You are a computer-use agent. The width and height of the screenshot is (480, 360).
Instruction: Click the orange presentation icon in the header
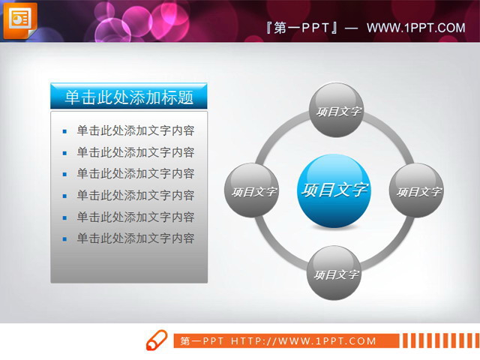point(19,20)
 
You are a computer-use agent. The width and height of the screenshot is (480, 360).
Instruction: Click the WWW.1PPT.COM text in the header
point(416,28)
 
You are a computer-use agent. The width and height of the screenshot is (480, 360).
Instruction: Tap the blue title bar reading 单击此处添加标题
point(129,97)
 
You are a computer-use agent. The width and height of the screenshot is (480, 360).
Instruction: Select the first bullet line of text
point(136,130)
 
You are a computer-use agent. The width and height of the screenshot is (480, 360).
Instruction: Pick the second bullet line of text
point(136,152)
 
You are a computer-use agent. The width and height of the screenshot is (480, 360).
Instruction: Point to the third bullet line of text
point(136,173)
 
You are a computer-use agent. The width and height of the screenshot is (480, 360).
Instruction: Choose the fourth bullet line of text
point(136,196)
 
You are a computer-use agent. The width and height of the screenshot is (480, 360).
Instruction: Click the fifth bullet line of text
point(136,217)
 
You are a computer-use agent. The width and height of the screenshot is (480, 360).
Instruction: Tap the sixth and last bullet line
point(136,238)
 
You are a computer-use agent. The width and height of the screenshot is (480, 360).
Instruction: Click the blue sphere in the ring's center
point(334,190)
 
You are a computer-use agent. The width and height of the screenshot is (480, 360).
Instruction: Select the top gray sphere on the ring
point(337,111)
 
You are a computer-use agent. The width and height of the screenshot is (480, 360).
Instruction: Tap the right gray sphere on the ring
point(417,191)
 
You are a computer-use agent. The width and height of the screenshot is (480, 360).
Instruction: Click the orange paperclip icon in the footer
point(156,340)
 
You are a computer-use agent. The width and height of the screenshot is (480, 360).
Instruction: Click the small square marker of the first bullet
point(65,131)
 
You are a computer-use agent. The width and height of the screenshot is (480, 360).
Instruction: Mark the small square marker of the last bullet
point(65,239)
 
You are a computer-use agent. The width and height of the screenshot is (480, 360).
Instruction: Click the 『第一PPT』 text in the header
point(301,28)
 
